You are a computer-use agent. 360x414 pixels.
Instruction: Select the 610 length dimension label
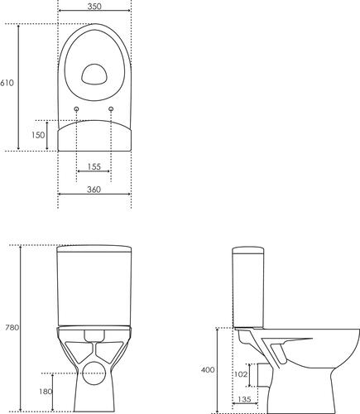pyautogui.click(x=7, y=83)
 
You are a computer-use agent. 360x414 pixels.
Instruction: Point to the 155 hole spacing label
pyautogui.click(x=94, y=166)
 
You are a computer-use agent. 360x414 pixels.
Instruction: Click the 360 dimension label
pyautogui.click(x=94, y=190)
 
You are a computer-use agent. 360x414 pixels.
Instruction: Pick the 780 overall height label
pyautogui.click(x=12, y=328)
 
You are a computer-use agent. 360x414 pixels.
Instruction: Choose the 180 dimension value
pyautogui.click(x=46, y=391)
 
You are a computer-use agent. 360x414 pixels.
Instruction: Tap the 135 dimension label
pyautogui.click(x=245, y=399)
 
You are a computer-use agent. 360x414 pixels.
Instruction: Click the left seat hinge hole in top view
pyautogui.click(x=77, y=110)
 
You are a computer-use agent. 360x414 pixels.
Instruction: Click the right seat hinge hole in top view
pyautogui.click(x=111, y=110)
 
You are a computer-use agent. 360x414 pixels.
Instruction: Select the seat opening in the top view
pyautogui.click(x=94, y=75)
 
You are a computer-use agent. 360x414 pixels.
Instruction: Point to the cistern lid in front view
pyautogui.click(x=94, y=249)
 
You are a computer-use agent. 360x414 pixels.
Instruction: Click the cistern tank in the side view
pyautogui.click(x=247, y=286)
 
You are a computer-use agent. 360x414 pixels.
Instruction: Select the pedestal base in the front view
pyautogui.click(x=94, y=389)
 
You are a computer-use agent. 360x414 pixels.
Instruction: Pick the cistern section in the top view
pyautogui.click(x=94, y=135)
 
